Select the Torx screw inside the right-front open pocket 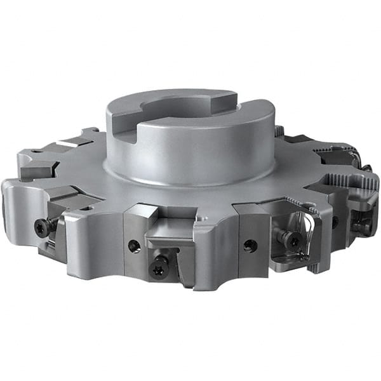pos(290,239)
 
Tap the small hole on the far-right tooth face pos(335,222)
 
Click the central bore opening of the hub pos(184,108)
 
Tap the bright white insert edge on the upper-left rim pos(66,140)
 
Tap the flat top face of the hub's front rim pos(190,131)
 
